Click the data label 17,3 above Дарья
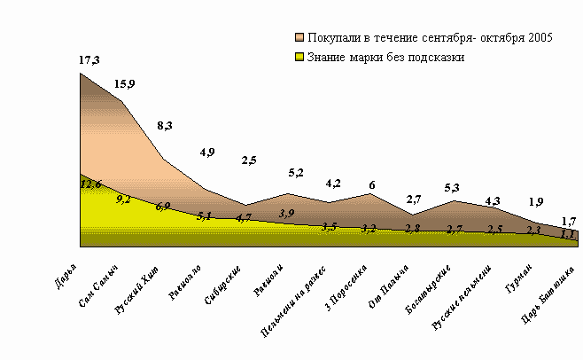click(x=89, y=59)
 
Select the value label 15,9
click(x=125, y=84)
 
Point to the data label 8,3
click(x=166, y=127)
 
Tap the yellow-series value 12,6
click(x=91, y=184)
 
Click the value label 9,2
click(x=123, y=200)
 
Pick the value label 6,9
click(x=163, y=207)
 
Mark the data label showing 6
click(x=371, y=184)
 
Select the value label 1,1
click(x=569, y=234)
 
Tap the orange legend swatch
click(x=299, y=39)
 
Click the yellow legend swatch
click(x=299, y=58)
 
